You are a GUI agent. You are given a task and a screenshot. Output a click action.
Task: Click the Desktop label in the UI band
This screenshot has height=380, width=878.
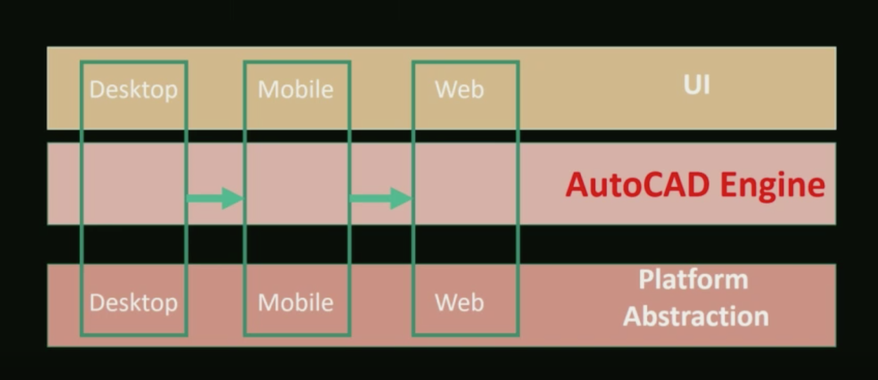pos(133,90)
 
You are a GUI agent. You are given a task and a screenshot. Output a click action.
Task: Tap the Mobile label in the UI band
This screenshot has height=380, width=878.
pos(296,90)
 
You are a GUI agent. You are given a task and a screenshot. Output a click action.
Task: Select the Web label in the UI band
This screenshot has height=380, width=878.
pos(460,90)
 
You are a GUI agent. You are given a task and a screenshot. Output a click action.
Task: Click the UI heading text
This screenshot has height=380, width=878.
pos(697,85)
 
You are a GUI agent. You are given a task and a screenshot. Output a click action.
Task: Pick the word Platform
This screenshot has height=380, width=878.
pos(693,280)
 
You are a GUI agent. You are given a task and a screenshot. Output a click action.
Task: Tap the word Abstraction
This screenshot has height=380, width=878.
pos(696,316)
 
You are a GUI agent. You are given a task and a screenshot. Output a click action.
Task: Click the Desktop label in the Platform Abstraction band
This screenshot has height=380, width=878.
pos(133,303)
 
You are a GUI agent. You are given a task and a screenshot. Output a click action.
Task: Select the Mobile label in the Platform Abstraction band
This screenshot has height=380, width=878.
pos(296,303)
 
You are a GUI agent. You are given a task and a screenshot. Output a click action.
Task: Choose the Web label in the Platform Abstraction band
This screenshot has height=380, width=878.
pos(460,303)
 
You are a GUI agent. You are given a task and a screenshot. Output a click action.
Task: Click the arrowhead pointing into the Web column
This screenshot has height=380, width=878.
pos(400,198)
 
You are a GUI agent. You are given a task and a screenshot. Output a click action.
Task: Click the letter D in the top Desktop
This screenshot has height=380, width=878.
pos(96,90)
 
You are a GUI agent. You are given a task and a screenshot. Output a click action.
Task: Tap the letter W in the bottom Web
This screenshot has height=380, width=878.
pos(445,303)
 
